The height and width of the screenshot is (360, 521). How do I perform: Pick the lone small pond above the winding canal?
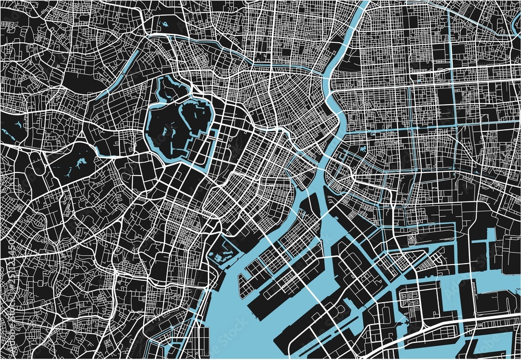click(x=165, y=24)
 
